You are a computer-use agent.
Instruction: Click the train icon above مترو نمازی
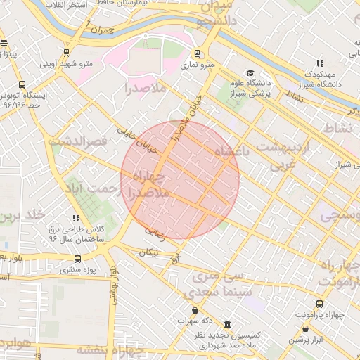pyautogui.click(x=198, y=53)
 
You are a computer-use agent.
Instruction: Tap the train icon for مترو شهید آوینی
pyautogui.click(x=66, y=53)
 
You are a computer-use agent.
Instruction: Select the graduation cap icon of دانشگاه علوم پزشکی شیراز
pyautogui.click(x=250, y=73)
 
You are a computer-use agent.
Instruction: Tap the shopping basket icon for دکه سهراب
pyautogui.click(x=195, y=310)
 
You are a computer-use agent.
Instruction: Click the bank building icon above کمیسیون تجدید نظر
pyautogui.click(x=228, y=324)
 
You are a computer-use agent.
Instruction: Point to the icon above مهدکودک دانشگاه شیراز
pyautogui.click(x=321, y=63)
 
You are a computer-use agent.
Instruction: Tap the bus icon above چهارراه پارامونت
pyautogui.click(x=320, y=304)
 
